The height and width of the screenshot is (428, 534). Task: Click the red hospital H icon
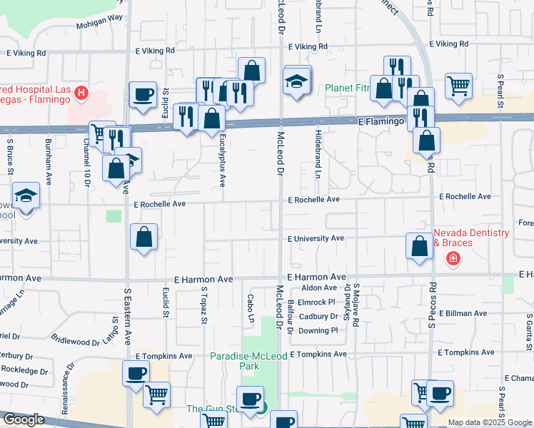point(82,93)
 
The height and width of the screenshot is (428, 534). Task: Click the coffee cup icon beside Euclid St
point(143,94)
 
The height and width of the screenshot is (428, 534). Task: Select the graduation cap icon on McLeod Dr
point(297,81)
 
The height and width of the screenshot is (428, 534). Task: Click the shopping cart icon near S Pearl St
point(458,86)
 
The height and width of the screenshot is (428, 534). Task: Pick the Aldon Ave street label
point(314,287)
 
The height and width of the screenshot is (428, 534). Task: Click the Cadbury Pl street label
point(318,316)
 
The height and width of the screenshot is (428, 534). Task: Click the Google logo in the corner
point(24,419)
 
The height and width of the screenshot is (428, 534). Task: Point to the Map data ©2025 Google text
point(490,422)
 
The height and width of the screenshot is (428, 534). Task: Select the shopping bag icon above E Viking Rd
point(251,70)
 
